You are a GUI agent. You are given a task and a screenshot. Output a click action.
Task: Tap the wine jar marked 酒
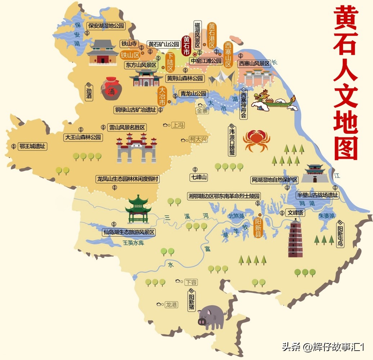pos(111,89)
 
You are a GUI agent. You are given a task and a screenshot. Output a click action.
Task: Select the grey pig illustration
pos(211,316)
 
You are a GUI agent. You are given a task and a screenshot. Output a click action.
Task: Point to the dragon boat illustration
pos(274,100)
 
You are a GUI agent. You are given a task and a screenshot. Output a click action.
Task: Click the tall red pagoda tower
pos(295,237)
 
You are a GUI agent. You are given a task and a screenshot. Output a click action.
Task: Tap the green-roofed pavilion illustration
pos(138,209)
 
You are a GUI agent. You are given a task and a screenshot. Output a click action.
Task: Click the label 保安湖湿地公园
pos(106,26)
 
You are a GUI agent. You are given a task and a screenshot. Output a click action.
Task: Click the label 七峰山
pos(199,177)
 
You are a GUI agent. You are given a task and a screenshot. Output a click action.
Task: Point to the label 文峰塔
pos(295,213)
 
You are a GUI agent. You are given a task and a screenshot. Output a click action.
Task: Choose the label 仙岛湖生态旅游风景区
pos(129,232)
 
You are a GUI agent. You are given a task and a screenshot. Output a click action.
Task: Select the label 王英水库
pos(133,243)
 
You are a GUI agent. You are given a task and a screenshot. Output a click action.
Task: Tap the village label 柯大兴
pos(198,139)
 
